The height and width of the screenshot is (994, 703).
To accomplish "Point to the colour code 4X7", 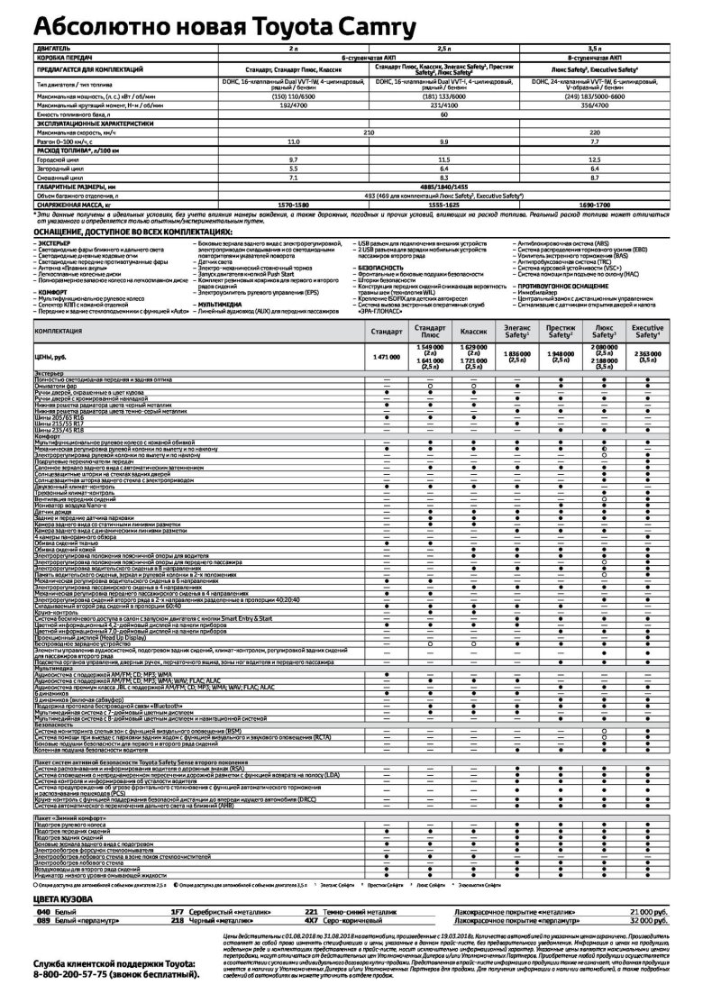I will coord(311,934).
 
